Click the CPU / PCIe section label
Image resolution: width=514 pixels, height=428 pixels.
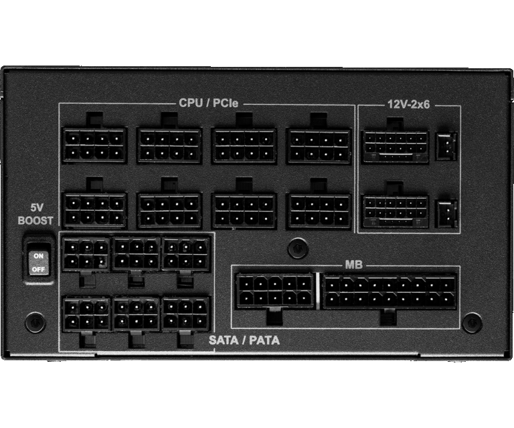(x=209, y=103)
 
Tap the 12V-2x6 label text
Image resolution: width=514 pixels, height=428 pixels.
(x=408, y=104)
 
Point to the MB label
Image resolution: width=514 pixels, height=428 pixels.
(x=353, y=265)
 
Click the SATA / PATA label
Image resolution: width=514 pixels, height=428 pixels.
(x=244, y=340)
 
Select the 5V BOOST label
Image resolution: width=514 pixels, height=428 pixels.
(x=35, y=214)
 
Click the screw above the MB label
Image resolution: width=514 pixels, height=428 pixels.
(x=298, y=248)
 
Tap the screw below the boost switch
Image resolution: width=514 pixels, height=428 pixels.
(x=35, y=322)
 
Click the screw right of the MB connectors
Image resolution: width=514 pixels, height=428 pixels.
(x=472, y=322)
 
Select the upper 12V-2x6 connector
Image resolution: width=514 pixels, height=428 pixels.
(x=396, y=146)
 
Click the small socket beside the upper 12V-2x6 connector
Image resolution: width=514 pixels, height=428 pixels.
(x=446, y=146)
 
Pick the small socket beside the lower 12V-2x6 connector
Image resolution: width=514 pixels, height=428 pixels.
(x=446, y=214)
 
